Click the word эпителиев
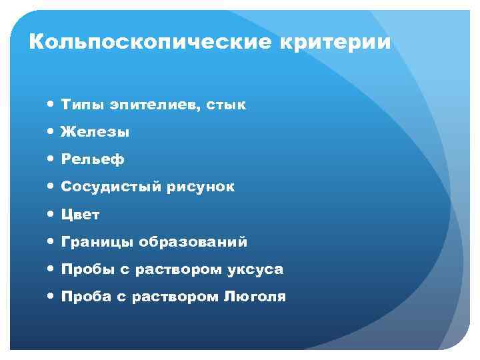coord(153,105)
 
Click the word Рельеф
coord(93,160)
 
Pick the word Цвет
coord(81,215)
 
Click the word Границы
coord(98,242)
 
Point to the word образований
coord(193,242)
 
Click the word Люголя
coord(254,297)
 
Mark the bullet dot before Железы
coord(52,133)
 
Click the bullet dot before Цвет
coord(52,215)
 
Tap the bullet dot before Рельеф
coord(52,160)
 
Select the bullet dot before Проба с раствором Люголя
coord(52,297)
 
